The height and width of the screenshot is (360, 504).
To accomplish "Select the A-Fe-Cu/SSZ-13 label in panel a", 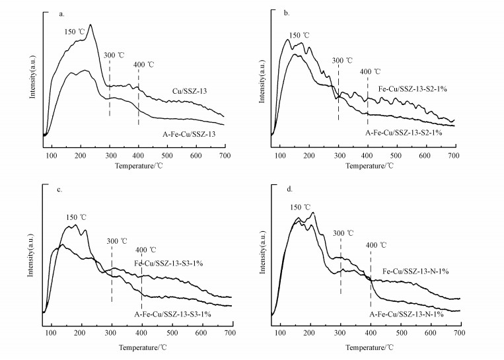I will point(191,133).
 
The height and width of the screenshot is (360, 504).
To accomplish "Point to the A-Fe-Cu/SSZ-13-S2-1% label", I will point(403,133).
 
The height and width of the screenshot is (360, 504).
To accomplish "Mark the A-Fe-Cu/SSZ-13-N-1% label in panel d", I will point(406,314).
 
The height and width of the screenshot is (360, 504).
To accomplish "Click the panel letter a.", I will point(61,13).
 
